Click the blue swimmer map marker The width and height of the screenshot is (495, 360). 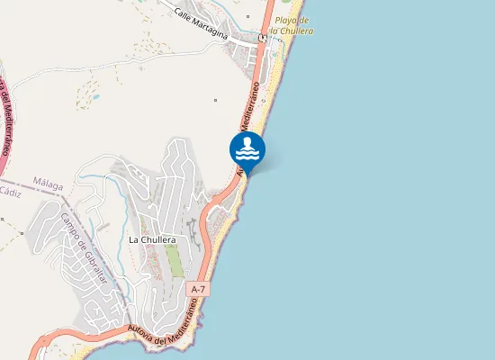247,149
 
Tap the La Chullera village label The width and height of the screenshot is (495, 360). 151,239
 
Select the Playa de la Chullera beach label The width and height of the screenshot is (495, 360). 294,25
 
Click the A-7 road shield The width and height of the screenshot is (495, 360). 199,289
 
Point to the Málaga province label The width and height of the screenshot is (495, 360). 48,184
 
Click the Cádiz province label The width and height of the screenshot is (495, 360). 10,192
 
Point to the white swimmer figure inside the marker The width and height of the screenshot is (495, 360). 247,146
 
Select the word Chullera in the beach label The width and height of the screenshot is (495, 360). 299,31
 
